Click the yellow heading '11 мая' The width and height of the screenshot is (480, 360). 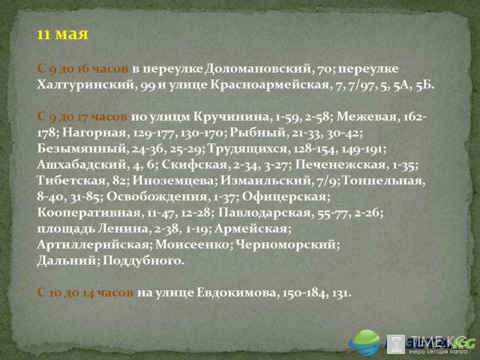62,34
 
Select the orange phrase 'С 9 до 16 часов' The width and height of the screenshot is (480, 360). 83,68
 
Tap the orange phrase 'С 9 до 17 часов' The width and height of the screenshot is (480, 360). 82,117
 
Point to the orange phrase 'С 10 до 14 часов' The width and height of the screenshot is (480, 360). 85,293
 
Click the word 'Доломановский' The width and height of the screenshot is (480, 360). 258,68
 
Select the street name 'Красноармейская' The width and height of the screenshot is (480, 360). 269,85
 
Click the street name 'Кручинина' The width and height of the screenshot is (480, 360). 232,117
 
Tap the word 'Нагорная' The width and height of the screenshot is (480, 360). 94,133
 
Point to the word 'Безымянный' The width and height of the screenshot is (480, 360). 82,149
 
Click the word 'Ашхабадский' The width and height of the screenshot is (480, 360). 82,164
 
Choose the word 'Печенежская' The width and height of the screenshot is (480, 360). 340,164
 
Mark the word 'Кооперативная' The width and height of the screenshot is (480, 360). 89,212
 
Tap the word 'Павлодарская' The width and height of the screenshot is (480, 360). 265,212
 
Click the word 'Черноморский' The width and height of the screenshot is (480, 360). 286,245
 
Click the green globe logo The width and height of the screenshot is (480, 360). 365,342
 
